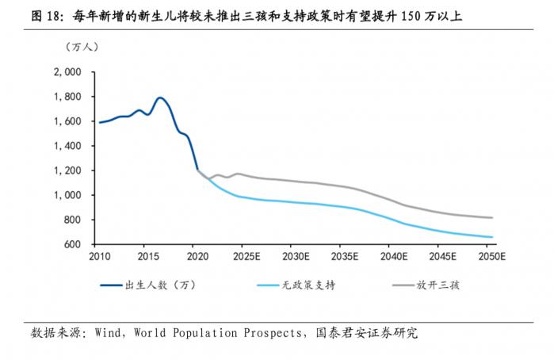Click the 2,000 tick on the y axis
tap(71, 72)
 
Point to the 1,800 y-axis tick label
tap(71, 97)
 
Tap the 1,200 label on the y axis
tap(71, 170)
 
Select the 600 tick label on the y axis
tap(75, 244)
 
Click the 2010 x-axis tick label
tap(100, 257)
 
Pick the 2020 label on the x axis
tap(197, 257)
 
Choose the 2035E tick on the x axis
tap(344, 257)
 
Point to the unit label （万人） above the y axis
tap(82, 46)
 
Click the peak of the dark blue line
tap(160, 98)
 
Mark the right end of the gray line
tap(492, 218)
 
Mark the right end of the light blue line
tap(492, 237)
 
